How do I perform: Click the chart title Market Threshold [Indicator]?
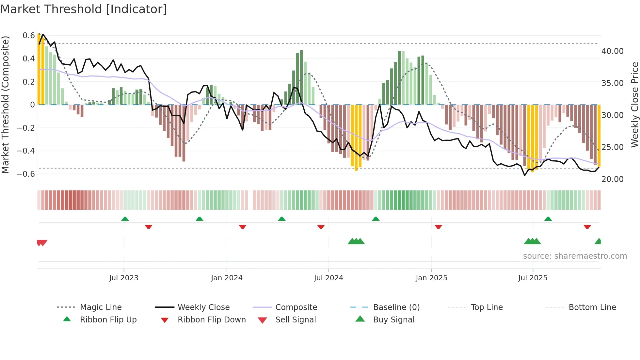[84, 9]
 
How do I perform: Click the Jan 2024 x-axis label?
[227, 278]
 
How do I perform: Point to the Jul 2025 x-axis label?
[533, 278]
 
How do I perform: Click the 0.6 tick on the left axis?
[29, 35]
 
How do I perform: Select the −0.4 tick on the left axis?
[26, 151]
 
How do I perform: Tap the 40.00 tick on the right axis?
[612, 51]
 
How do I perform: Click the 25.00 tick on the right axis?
[612, 147]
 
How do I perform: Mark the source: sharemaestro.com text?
[575, 256]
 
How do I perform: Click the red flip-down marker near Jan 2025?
[438, 227]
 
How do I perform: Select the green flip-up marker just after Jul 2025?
[548, 219]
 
